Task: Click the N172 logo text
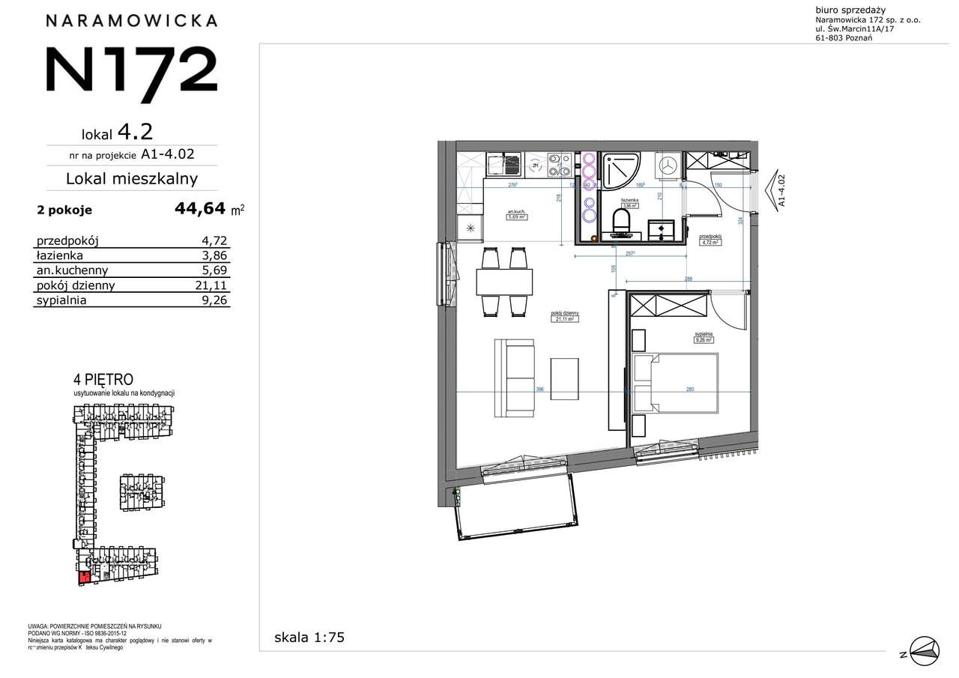tap(132, 69)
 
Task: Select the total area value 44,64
tap(200, 209)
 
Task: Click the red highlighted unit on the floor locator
tap(85, 576)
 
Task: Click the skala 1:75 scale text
tap(309, 638)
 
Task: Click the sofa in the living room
tap(514, 378)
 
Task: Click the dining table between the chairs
tap(504, 282)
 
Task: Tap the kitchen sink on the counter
tap(503, 164)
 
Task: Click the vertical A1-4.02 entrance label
tap(781, 190)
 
